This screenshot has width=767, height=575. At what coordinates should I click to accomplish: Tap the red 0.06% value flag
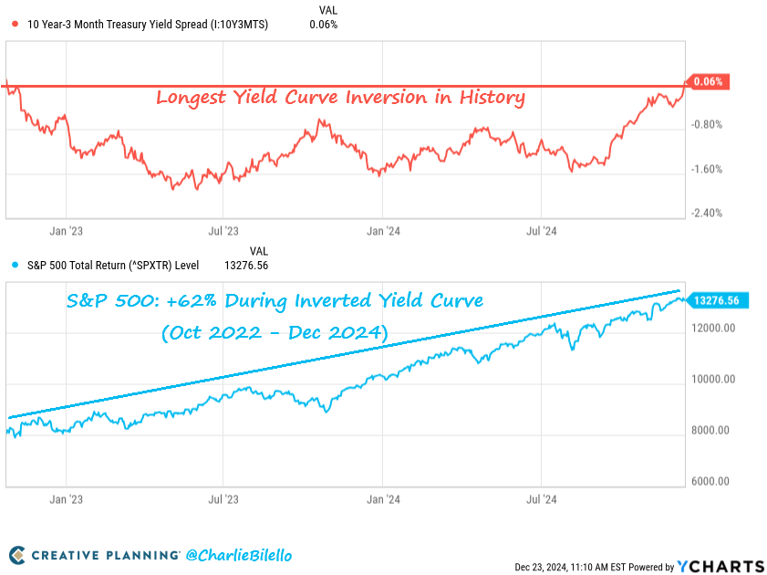pyautogui.click(x=706, y=81)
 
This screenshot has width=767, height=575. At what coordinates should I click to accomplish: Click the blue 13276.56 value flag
pyautogui.click(x=716, y=300)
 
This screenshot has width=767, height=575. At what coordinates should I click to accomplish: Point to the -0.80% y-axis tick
pyautogui.click(x=708, y=125)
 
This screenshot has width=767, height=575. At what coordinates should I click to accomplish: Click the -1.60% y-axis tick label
pyautogui.click(x=708, y=169)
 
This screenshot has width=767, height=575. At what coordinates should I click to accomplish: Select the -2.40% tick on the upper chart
pyautogui.click(x=708, y=213)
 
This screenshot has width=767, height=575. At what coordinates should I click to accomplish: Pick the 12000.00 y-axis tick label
pyautogui.click(x=713, y=328)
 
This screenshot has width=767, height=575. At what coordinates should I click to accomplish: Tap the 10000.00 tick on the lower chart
pyautogui.click(x=713, y=379)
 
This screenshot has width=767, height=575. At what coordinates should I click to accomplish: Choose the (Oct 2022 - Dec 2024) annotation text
pyautogui.click(x=274, y=334)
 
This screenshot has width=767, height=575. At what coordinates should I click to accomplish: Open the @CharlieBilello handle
pyautogui.click(x=240, y=554)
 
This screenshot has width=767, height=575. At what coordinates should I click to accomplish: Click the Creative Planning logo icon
pyautogui.click(x=17, y=555)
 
